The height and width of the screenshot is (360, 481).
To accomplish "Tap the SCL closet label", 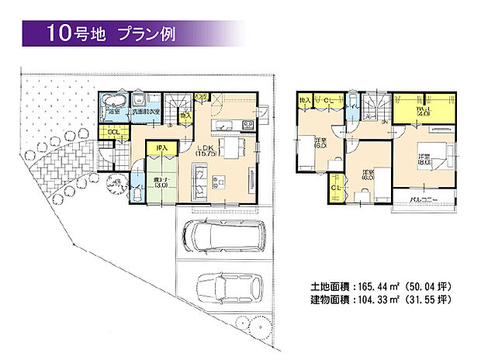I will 113,132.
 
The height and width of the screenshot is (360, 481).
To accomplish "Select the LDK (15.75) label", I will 204,151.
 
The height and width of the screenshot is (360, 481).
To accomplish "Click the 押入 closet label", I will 161,147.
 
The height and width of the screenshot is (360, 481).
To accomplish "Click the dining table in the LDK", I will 230,147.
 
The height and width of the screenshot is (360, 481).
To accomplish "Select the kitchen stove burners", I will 248,124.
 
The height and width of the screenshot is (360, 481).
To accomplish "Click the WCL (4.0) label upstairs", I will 423,110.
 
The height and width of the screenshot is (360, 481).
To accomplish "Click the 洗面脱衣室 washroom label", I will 147,112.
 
